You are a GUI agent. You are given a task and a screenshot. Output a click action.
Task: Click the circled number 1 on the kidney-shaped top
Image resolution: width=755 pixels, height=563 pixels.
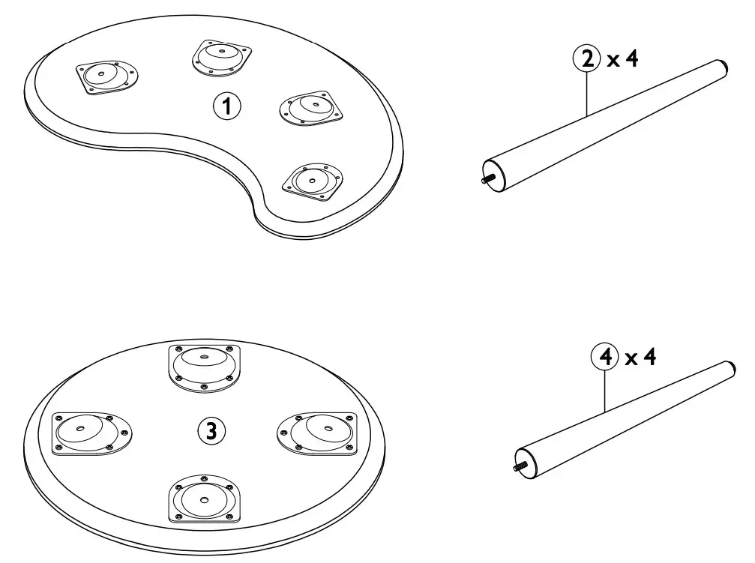(x=227, y=106)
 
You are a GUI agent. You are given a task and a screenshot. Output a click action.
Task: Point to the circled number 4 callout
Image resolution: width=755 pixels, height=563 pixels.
(x=604, y=358)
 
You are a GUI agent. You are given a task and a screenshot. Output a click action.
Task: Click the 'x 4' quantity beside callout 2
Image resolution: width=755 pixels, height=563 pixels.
(x=623, y=60)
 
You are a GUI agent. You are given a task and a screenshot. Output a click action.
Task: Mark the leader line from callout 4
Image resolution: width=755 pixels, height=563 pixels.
(x=604, y=390)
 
